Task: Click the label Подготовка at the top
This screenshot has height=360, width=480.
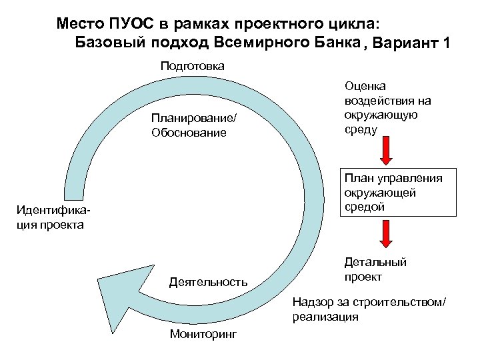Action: tap(192, 66)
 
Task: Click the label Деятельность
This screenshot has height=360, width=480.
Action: tap(208, 282)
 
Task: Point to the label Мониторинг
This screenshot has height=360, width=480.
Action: tap(203, 333)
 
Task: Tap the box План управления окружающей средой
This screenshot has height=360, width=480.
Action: tap(399, 193)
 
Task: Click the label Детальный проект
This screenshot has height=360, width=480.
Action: tap(375, 269)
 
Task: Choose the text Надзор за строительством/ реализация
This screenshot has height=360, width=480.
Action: tap(368, 309)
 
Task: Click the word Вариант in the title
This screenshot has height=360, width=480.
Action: tap(404, 44)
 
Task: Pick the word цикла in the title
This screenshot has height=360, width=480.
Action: tap(357, 24)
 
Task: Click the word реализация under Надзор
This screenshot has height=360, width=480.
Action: tap(325, 317)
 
